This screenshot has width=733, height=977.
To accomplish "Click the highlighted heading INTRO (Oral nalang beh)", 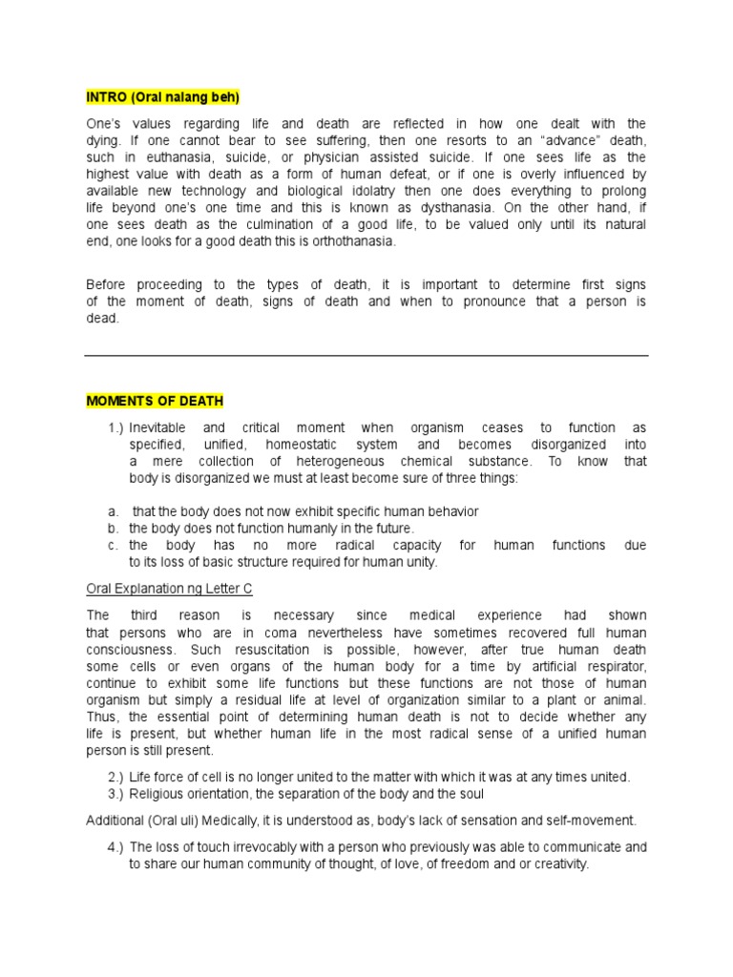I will coord(162,97).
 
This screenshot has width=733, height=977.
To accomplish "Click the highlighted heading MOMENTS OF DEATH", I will coord(155,401).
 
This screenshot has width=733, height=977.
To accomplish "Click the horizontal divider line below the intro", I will coord(366,356).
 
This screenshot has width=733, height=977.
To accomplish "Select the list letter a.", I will coord(112,511).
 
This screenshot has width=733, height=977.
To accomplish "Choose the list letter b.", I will coord(112,528).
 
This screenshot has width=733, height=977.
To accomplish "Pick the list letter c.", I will coord(112,545).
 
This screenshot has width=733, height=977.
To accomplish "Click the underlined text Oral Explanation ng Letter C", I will coord(169,589).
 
